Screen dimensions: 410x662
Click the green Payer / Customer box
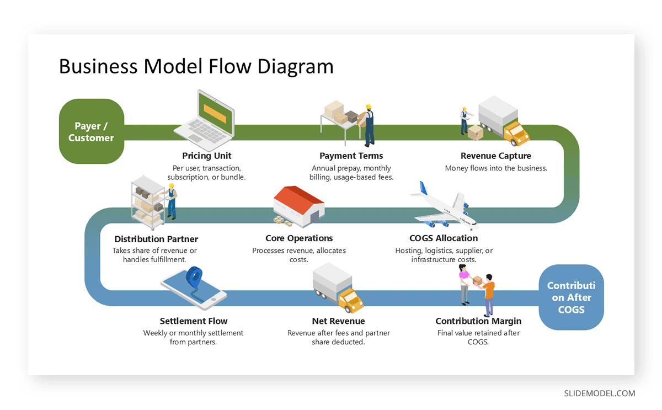click(91, 131)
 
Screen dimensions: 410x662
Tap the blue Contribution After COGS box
click(571, 297)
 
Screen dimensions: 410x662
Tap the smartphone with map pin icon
click(194, 287)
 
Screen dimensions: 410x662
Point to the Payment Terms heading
click(351, 156)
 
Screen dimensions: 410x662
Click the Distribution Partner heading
click(156, 239)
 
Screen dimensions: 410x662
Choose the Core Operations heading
click(299, 238)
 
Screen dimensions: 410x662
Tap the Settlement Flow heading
click(193, 321)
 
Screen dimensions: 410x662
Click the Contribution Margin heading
click(478, 321)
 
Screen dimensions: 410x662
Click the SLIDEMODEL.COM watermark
click(599, 393)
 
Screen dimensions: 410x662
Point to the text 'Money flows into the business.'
click(496, 168)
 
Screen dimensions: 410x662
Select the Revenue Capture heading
click(496, 156)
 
